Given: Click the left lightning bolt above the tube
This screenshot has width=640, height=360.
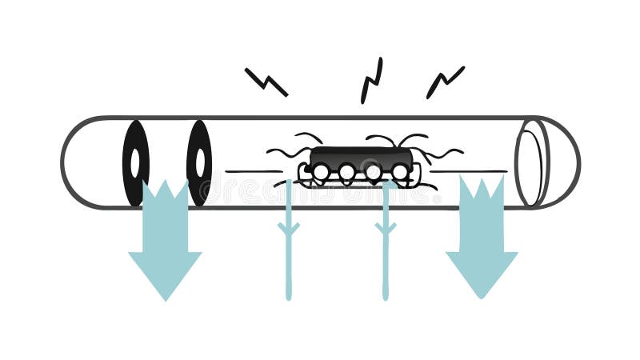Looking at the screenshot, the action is point(266,82).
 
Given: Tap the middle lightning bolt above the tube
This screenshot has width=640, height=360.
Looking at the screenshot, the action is point(371,80).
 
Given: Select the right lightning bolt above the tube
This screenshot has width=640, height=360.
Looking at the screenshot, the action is point(445,82).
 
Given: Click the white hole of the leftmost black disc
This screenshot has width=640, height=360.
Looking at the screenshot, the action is point(135,162).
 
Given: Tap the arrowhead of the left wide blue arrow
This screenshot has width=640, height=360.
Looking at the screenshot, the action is point(165,272).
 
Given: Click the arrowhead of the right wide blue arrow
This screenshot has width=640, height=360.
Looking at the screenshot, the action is point(482,272).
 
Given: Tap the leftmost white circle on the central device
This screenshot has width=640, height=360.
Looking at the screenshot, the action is point(321,172).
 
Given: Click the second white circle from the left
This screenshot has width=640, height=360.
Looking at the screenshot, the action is point(347,172).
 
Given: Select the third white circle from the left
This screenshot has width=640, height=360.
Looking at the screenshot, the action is point(374,172).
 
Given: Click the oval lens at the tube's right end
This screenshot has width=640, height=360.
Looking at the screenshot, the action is point(530,163).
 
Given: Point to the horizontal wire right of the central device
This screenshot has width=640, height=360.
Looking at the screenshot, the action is point(468,171).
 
